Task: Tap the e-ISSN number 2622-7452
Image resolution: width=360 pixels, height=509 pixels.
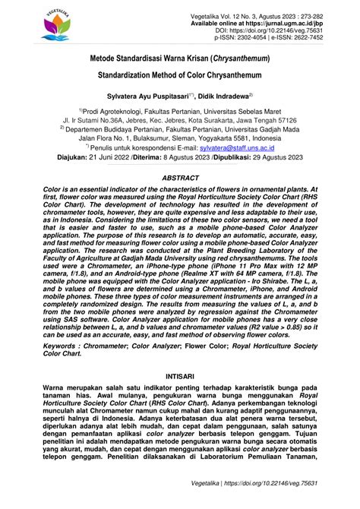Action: [x=324, y=42]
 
